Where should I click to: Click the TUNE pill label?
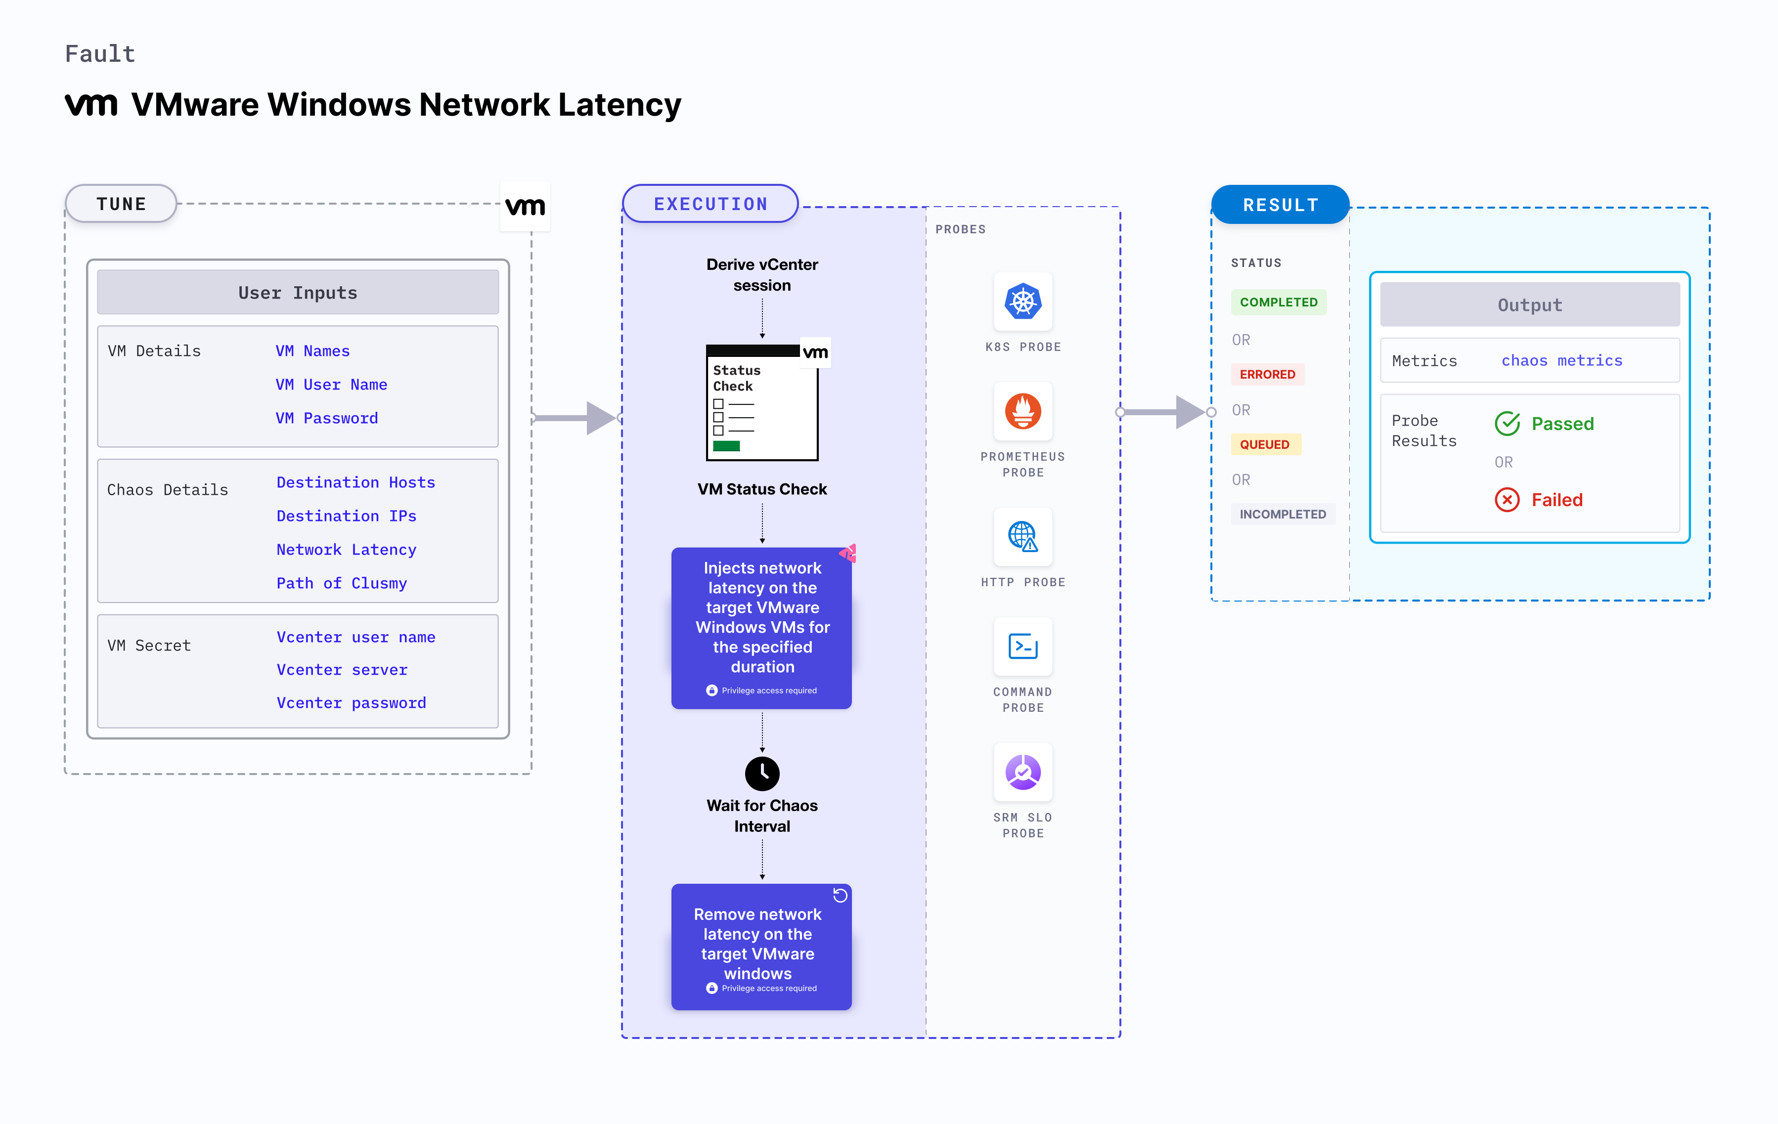[x=121, y=204]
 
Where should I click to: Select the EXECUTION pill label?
[x=711, y=204]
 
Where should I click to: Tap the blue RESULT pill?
[x=1280, y=205]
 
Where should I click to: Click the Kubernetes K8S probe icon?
[x=1022, y=301]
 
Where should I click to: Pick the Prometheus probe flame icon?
[x=1022, y=411]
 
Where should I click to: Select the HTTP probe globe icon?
[x=1022, y=536]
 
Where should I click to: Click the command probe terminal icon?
[x=1022, y=647]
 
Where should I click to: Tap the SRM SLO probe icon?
[x=1022, y=772]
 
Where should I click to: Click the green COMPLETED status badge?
[x=1278, y=302]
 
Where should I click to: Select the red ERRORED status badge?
[x=1267, y=374]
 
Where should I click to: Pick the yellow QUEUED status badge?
[x=1264, y=444]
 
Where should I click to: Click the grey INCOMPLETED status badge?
[x=1283, y=514]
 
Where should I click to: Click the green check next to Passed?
[x=1507, y=424]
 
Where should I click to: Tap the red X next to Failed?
[x=1507, y=500]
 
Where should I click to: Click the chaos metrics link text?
[x=1561, y=360]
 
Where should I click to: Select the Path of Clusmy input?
[x=341, y=583]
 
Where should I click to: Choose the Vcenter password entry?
[x=352, y=702]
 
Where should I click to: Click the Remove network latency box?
[x=761, y=946]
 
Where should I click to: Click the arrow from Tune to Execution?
[x=577, y=418]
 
